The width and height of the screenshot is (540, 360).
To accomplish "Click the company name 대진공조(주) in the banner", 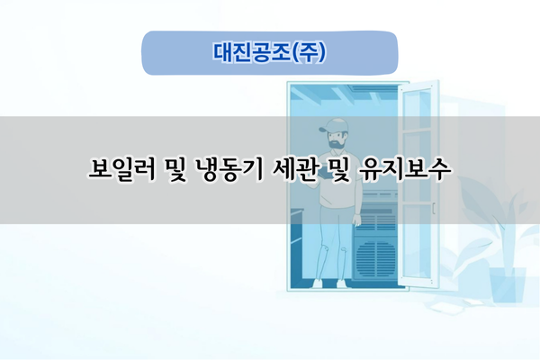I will (x=269, y=52).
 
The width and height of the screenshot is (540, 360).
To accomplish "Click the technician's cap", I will (x=332, y=126).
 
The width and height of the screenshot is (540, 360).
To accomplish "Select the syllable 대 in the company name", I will (x=221, y=52).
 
